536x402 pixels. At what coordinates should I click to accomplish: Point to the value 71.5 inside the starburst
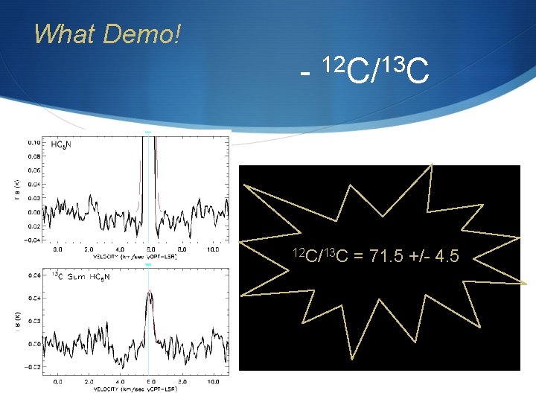(391, 258)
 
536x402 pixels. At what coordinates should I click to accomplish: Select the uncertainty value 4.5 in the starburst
(447, 258)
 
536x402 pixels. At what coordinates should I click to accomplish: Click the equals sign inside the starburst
(360, 258)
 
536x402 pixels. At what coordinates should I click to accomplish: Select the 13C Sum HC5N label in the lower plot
(80, 277)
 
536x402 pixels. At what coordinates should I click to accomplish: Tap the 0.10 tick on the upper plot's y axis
(34, 141)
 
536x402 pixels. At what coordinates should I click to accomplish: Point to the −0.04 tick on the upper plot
(33, 240)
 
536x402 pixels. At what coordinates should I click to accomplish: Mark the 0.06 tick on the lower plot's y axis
(34, 275)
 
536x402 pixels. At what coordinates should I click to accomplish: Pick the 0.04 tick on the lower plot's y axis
(34, 299)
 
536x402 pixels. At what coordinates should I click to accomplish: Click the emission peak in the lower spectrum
(150, 291)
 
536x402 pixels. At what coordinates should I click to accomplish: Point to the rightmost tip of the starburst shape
(526, 284)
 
